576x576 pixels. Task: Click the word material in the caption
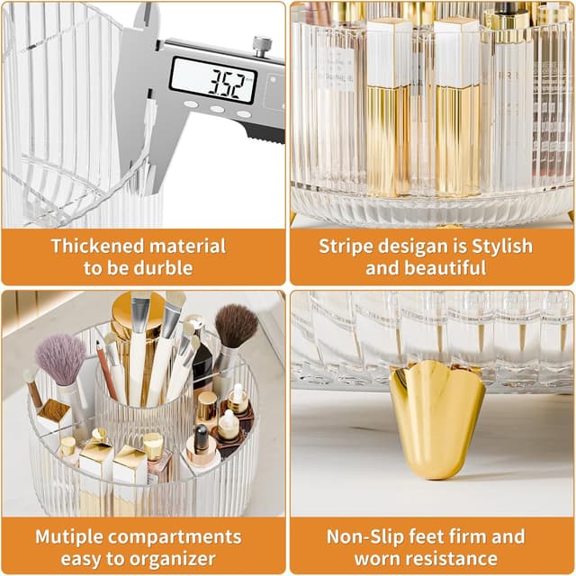point(187,246)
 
